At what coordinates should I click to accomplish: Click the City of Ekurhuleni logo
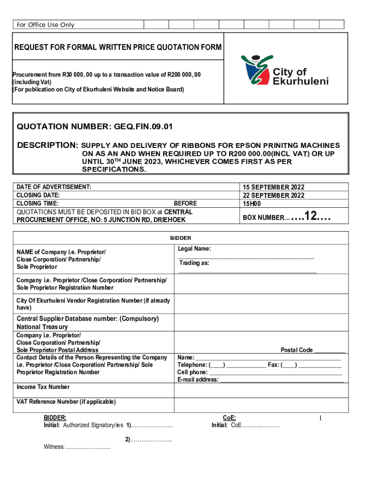pyautogui.click(x=284, y=72)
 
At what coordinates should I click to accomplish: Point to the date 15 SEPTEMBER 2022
pyautogui.click(x=273, y=187)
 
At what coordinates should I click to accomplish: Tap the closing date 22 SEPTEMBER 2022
pyautogui.click(x=273, y=195)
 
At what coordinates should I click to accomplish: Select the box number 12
pyautogui.click(x=310, y=217)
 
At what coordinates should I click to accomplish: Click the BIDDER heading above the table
pyautogui.click(x=181, y=238)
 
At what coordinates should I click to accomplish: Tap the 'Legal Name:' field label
pyautogui.click(x=194, y=249)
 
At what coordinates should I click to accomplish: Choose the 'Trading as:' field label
pyautogui.click(x=194, y=263)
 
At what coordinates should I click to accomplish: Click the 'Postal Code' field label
pyautogui.click(x=297, y=350)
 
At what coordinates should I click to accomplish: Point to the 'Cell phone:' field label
pyautogui.click(x=193, y=372)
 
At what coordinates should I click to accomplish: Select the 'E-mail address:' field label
pyautogui.click(x=198, y=380)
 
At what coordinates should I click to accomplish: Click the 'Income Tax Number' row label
pyautogui.click(x=43, y=387)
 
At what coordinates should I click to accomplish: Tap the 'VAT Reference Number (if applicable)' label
pyautogui.click(x=66, y=402)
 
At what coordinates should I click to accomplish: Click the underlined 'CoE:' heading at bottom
pyautogui.click(x=230, y=417)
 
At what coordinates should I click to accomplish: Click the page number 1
pyautogui.click(x=321, y=418)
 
